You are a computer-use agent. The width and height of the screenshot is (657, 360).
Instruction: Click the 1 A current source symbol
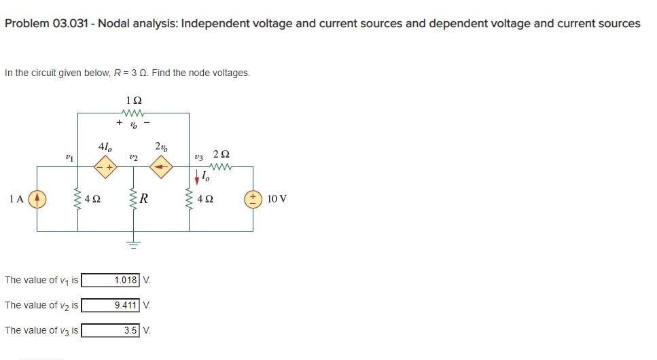[x=37, y=199]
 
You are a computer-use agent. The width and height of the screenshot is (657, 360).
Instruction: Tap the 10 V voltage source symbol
[x=253, y=199]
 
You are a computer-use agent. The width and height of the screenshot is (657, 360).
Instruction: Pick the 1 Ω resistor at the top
[x=132, y=113]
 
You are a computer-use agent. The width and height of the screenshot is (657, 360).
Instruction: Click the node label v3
[x=198, y=157]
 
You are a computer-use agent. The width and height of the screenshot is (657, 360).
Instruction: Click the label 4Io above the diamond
[x=105, y=145]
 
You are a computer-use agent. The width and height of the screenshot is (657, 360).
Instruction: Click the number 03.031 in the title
[x=73, y=24]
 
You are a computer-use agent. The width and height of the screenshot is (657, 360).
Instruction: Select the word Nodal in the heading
[x=118, y=24]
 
